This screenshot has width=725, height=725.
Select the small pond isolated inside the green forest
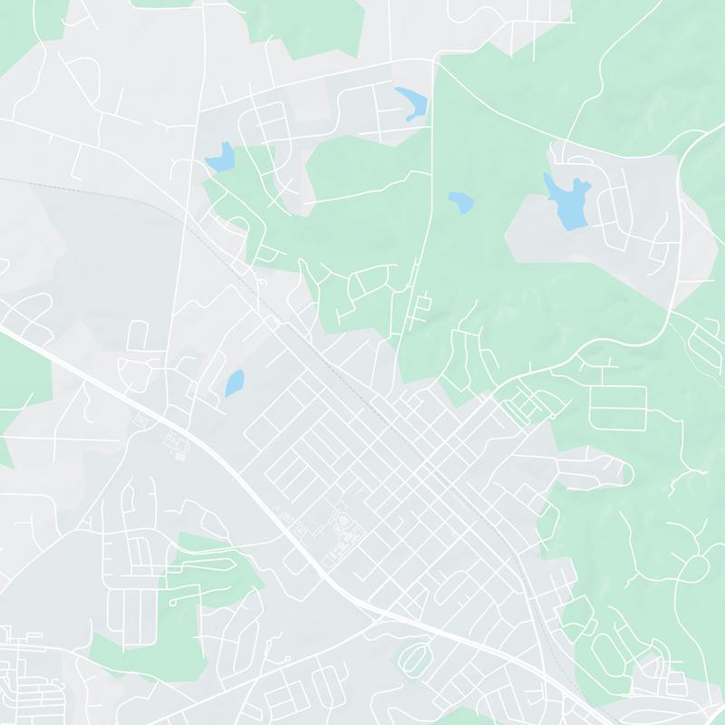(x=460, y=201)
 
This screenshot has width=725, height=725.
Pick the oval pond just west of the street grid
(x=234, y=383)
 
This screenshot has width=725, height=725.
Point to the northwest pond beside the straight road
(x=219, y=158)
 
